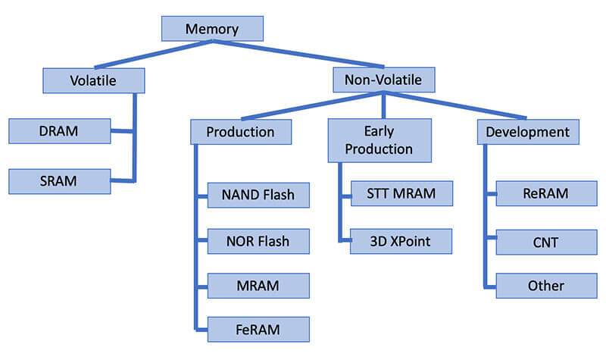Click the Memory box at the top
[x=212, y=29]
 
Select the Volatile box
[x=93, y=80]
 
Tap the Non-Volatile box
[x=384, y=80]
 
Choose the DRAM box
[x=60, y=131]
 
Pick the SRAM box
[x=60, y=181]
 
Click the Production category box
[x=241, y=132]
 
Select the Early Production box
[x=380, y=140]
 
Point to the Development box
[x=528, y=132]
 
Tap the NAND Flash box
[x=258, y=195]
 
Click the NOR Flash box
[x=258, y=241]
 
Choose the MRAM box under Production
[x=258, y=286]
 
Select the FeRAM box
[x=258, y=330]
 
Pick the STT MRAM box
[x=401, y=193]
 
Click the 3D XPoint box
[x=401, y=241]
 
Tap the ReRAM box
[x=546, y=193]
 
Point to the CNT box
[x=546, y=243]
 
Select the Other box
[x=546, y=286]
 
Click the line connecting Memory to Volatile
[x=154, y=55]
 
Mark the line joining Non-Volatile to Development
[x=455, y=105]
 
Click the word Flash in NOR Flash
[x=273, y=241]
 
